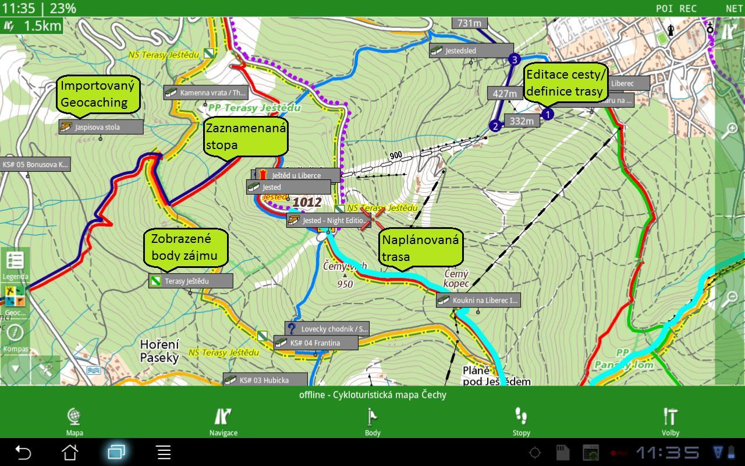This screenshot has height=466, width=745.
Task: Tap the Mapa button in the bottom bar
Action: coord(74,421)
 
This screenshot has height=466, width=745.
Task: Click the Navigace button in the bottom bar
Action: coord(223,421)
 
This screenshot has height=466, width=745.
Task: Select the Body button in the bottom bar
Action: coord(372,421)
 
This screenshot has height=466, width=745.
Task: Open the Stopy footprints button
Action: coord(521,421)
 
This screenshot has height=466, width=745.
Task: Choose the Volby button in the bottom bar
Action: coord(670,421)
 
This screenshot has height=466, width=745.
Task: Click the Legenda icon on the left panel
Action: coord(15,264)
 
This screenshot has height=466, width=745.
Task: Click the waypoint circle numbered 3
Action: coord(514,59)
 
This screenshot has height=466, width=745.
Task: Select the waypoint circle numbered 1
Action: coord(547,114)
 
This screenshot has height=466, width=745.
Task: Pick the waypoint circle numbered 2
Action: coord(495,126)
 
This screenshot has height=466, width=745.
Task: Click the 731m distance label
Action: coord(469,23)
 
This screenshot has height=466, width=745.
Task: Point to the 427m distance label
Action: coord(505,93)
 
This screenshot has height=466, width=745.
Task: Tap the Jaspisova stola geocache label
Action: coord(101,127)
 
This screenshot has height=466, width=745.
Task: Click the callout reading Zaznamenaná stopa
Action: coord(246,136)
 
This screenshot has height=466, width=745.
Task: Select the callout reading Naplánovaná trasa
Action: coord(420,248)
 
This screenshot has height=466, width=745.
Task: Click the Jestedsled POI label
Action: coord(471,51)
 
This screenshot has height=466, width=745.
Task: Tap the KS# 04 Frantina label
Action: coord(316,343)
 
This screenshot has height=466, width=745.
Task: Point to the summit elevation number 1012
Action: coord(307,202)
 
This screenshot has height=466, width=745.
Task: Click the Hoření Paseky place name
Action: coord(159,351)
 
